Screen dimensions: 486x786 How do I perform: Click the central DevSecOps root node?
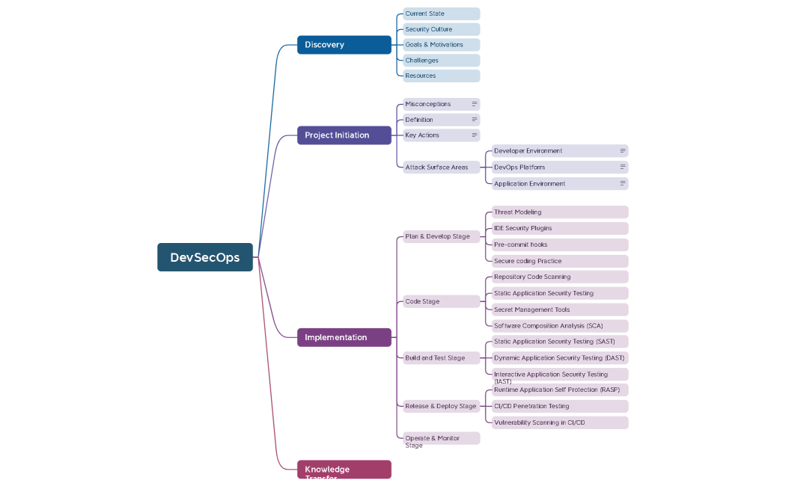[204, 257]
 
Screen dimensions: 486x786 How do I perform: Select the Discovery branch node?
[344, 45]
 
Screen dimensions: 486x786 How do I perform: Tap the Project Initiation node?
[344, 135]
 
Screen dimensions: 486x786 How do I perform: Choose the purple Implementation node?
[344, 337]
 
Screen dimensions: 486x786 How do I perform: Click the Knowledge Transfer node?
[344, 470]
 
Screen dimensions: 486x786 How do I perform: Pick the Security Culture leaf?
[440, 29]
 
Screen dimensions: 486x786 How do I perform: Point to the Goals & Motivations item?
[440, 45]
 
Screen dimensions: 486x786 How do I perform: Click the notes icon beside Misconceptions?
[474, 104]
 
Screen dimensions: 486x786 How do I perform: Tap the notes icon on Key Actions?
[474, 135]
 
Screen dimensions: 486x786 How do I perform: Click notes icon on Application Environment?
[622, 183]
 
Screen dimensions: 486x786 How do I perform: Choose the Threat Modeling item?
[559, 212]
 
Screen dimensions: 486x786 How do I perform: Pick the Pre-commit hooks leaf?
[559, 244]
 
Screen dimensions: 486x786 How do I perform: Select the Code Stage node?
[440, 301]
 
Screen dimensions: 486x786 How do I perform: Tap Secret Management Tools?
[559, 310]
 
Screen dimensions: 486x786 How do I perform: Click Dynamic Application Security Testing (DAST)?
[559, 358]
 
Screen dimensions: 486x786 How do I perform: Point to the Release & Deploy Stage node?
[440, 406]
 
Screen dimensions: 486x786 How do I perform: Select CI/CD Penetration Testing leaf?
[559, 406]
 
